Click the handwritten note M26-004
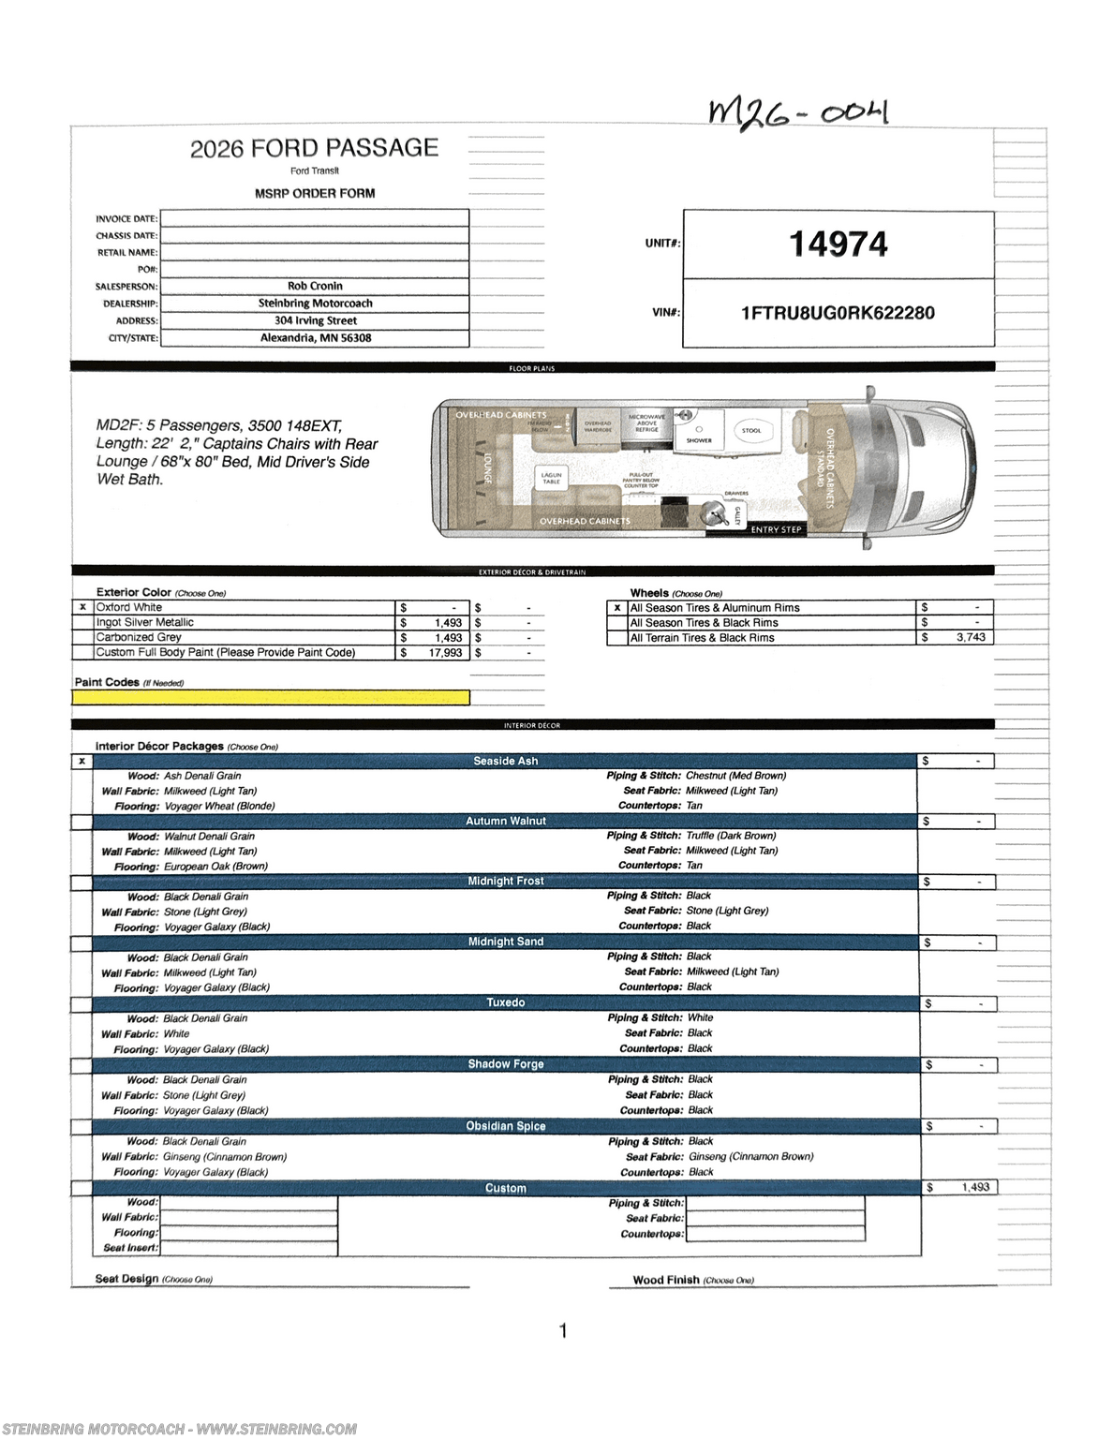797,114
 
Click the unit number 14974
838,245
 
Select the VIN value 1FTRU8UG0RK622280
838,313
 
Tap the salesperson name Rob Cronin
315,286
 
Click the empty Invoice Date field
315,218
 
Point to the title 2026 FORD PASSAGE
314,148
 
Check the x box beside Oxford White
82,607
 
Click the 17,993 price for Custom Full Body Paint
445,653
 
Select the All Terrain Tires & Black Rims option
702,638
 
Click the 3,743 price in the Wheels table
970,637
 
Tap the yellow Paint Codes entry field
272,697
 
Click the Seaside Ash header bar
505,761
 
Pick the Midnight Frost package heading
505,882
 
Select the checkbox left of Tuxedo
82,1003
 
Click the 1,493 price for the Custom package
974,1187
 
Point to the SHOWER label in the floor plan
699,440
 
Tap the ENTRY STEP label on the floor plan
776,529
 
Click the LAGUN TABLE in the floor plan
551,478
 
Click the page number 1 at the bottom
563,1330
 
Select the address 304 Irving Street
315,320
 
